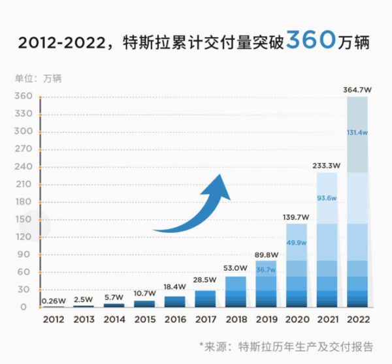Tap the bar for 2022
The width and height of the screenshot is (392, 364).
tap(357, 202)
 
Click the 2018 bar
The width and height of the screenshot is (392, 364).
tap(235, 292)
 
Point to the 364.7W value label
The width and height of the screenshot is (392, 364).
tap(357, 89)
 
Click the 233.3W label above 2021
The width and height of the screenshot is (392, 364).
tap(327, 166)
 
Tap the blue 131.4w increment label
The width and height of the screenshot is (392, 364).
tap(357, 132)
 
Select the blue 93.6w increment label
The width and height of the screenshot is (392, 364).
tap(327, 198)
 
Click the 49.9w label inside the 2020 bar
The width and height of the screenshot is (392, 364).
tap(297, 243)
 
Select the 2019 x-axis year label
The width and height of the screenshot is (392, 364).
tap(266, 319)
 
